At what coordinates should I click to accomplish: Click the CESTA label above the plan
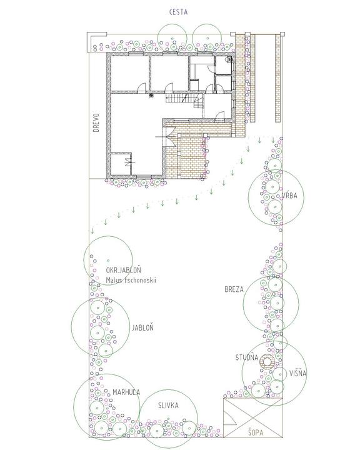[x=178, y=12]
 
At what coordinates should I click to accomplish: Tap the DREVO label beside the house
[x=96, y=122]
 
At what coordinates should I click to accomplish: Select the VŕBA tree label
[x=289, y=196]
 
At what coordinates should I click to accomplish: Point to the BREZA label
[x=234, y=289]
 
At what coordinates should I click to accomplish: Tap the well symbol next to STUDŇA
[x=267, y=362]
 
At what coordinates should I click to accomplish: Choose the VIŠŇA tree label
[x=297, y=373]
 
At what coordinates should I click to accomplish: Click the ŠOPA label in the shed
[x=256, y=432]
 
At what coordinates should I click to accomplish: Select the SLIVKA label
[x=168, y=405]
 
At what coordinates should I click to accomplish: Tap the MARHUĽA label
[x=126, y=392]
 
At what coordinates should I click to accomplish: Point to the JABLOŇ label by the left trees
[x=142, y=327]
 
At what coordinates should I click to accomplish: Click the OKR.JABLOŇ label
[x=124, y=270]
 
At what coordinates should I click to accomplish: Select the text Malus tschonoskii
[x=131, y=281]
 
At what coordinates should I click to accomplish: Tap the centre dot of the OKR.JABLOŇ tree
[x=108, y=260]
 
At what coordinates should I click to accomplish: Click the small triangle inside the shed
[x=229, y=418]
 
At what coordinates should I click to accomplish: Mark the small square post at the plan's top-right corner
[x=282, y=34]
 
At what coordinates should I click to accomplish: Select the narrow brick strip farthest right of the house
[x=277, y=78]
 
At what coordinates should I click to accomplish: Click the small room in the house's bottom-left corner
[x=121, y=164]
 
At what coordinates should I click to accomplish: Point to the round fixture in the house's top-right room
[x=229, y=59]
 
